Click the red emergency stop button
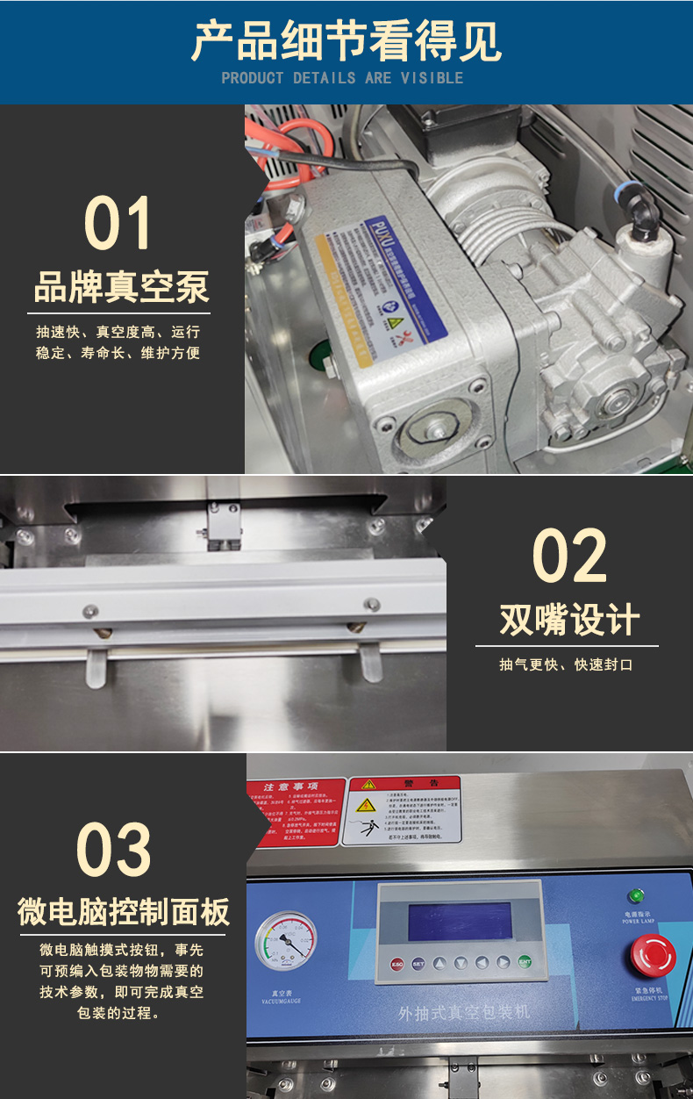[649, 955]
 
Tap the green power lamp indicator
[636, 896]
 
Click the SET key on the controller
[418, 962]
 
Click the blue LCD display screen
[460, 922]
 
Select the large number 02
[569, 557]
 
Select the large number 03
[114, 849]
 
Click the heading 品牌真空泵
[122, 288]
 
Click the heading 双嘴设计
[569, 620]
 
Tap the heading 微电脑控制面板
[124, 911]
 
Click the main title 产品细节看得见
[346, 40]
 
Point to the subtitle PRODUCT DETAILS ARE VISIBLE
[342, 78]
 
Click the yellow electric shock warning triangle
[366, 805]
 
